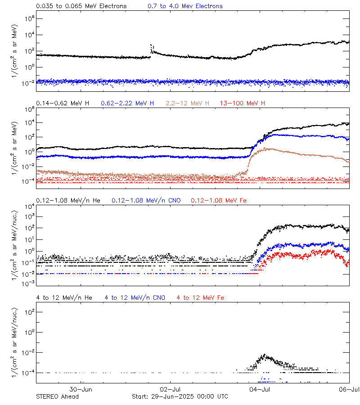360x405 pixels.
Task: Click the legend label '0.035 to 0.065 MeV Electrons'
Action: [81, 6]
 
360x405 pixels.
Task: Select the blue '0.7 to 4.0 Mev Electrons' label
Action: [185, 6]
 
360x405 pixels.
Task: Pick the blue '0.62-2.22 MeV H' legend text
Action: [127, 103]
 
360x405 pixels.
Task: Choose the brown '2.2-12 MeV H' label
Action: [188, 103]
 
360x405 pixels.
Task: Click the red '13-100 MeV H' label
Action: [243, 103]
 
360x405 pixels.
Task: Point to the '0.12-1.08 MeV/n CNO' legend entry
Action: [146, 200]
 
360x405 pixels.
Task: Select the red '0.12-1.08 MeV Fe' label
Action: [219, 200]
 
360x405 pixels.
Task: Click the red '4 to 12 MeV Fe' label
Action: [201, 297]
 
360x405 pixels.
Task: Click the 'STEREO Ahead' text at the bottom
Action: [57, 396]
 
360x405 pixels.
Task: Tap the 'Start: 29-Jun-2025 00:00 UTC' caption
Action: [180, 396]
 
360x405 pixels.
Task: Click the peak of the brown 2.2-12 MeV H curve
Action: [266, 148]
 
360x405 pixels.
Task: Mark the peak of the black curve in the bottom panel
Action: [265, 355]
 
